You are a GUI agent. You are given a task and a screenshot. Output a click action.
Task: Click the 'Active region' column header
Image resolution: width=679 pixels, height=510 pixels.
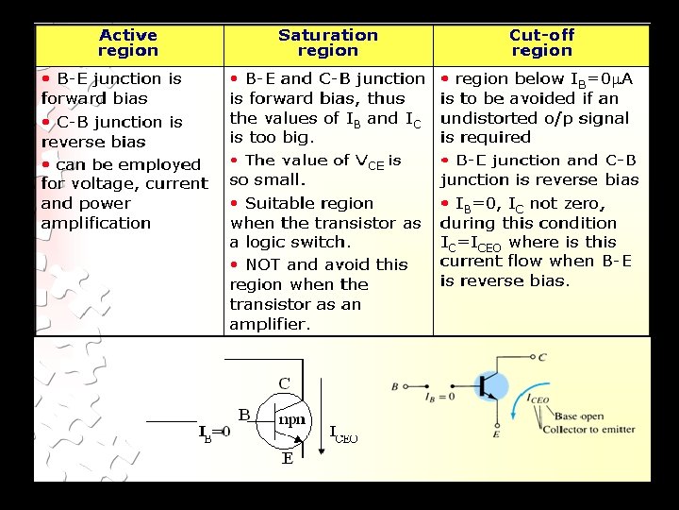point(128,43)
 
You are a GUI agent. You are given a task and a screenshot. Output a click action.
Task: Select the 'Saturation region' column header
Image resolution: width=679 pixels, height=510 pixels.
point(327,43)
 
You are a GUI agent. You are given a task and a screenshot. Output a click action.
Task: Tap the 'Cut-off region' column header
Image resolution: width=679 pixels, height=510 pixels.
point(541,43)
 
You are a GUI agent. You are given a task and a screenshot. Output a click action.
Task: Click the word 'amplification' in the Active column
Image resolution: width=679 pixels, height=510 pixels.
point(96,223)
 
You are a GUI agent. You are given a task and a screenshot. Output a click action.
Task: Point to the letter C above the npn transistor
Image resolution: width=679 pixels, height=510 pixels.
point(284,383)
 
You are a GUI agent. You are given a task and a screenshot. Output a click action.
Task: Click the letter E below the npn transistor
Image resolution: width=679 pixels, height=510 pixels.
point(287,460)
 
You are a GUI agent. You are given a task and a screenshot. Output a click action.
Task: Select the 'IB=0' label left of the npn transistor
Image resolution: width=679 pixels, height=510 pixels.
point(214,433)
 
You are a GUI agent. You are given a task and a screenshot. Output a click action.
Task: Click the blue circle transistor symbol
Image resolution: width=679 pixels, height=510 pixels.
point(489,386)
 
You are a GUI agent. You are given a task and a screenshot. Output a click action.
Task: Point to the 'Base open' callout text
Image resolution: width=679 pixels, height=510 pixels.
point(579,416)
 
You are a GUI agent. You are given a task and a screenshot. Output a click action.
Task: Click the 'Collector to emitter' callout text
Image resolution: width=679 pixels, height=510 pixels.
point(595,430)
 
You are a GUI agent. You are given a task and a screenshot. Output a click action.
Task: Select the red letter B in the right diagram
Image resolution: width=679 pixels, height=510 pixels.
point(394,385)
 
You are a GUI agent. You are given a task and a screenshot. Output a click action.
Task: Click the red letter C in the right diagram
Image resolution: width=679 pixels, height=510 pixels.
point(541,357)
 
